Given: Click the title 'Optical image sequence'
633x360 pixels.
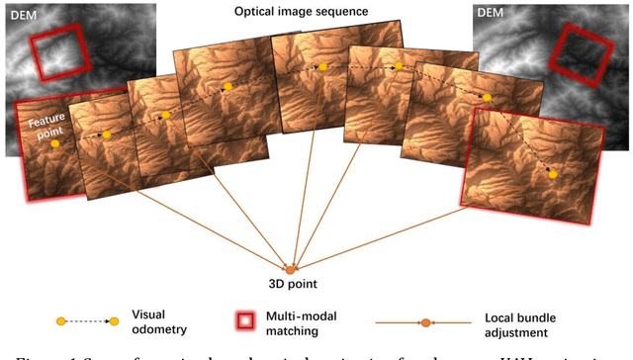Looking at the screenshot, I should (302, 12).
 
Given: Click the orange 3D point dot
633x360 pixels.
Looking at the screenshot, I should (290, 268).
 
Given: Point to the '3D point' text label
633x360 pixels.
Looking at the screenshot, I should (291, 284).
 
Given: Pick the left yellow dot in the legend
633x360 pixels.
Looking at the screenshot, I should (60, 321).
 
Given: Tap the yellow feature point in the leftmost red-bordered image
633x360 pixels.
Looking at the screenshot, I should (54, 143).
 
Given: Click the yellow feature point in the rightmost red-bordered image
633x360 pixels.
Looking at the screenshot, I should (553, 174).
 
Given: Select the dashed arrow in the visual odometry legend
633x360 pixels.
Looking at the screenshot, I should (87, 321).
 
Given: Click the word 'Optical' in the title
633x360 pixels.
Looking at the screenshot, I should (256, 12).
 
